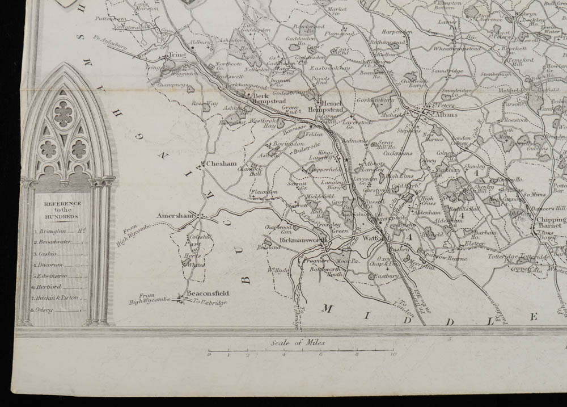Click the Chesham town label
click(221, 163)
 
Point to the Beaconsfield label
click(208, 293)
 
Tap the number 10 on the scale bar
click(392, 355)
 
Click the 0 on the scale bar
click(209, 355)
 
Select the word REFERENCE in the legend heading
click(62, 203)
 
